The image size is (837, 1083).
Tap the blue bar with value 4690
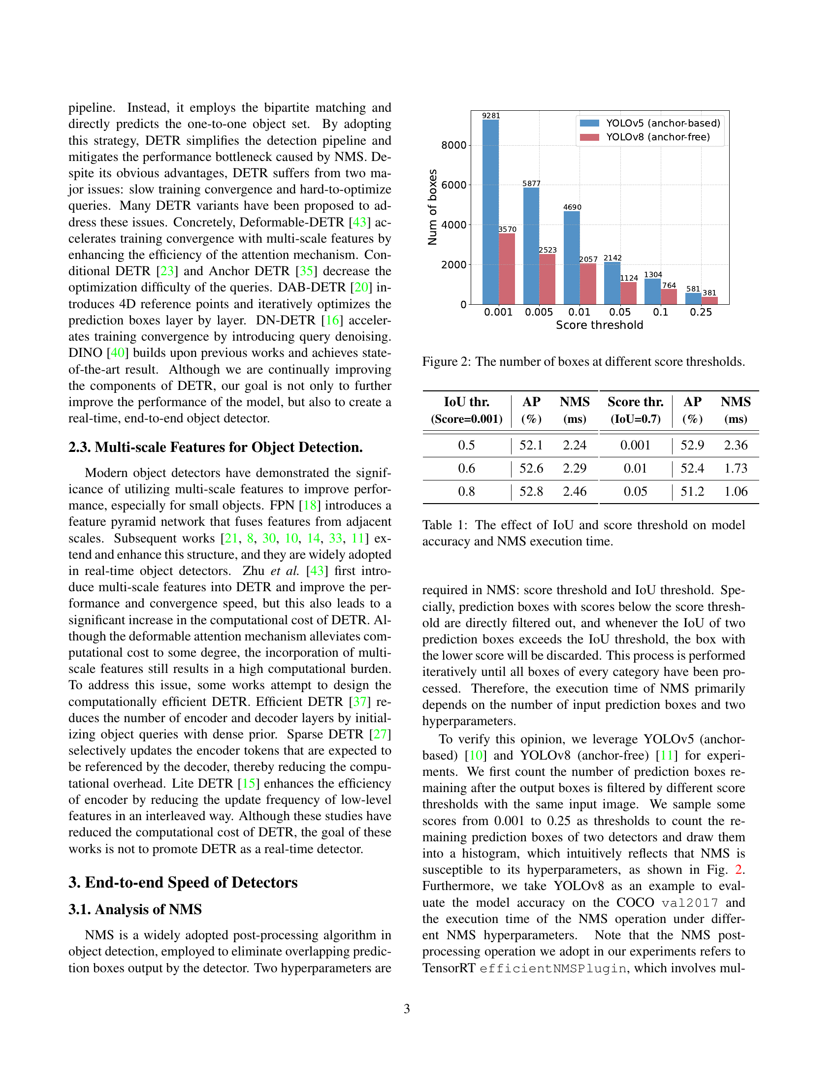coord(572,257)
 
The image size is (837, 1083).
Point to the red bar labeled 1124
coord(628,293)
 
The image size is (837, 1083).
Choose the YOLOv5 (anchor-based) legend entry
coord(649,123)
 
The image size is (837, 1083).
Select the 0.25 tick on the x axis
coord(701,313)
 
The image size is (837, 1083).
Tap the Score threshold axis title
coord(599,325)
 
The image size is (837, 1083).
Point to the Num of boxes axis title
coord(432,207)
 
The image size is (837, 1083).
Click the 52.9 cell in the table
coord(692,446)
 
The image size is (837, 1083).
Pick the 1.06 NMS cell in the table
coord(736,491)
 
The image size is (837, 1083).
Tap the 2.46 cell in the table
coord(574,491)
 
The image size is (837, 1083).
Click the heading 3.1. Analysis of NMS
coord(135,909)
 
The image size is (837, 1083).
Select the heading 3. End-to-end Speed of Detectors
coord(183,883)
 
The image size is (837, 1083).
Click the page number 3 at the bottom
coord(407,1009)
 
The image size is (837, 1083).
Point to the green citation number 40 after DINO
coord(118,353)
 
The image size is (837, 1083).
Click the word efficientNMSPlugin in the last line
coord(552,968)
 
